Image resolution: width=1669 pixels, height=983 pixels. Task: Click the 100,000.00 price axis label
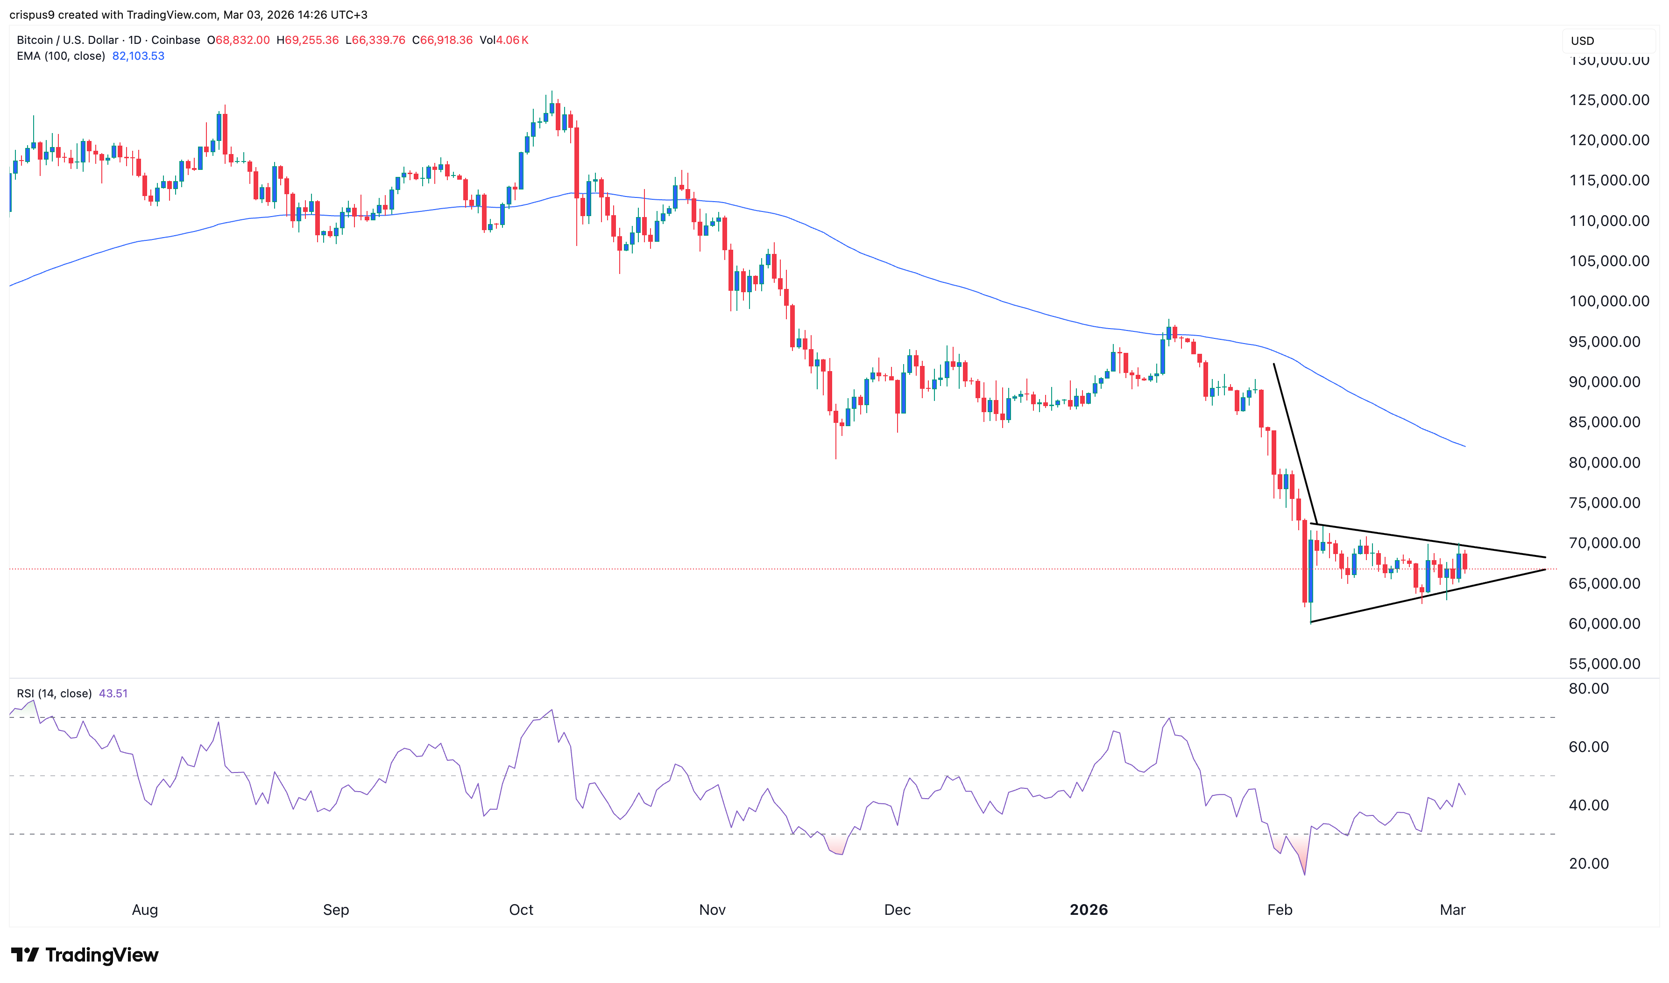tap(1609, 302)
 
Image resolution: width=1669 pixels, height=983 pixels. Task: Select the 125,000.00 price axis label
tap(1609, 100)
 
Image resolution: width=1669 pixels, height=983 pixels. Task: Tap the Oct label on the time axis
tap(521, 909)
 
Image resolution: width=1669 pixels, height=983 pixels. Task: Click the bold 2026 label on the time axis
tap(1089, 909)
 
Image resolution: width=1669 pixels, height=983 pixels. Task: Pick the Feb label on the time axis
tap(1280, 909)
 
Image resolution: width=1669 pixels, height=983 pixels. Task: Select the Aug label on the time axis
tap(144, 909)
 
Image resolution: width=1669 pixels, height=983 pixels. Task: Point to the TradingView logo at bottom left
tap(85, 955)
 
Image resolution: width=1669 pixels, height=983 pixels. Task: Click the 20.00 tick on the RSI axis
tap(1588, 863)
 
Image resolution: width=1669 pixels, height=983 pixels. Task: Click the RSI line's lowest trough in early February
tap(1305, 874)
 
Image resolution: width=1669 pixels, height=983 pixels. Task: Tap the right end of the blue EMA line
tap(1464, 446)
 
